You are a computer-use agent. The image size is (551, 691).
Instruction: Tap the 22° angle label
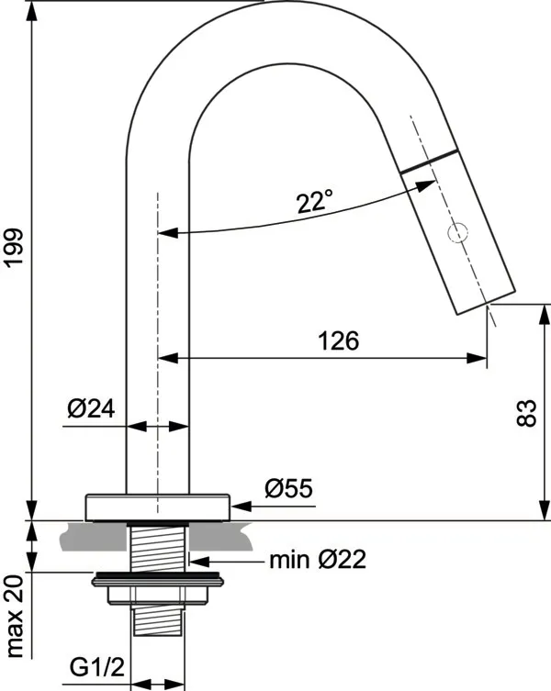(x=315, y=201)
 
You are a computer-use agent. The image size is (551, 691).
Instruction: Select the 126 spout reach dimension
(x=338, y=340)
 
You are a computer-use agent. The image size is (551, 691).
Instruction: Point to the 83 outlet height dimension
(x=526, y=413)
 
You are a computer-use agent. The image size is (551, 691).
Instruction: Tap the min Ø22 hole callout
(x=317, y=559)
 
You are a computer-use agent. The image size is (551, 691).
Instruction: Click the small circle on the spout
(x=456, y=234)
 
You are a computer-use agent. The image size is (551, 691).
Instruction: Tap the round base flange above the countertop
(x=156, y=507)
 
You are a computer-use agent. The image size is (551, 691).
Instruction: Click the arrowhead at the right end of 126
(x=479, y=358)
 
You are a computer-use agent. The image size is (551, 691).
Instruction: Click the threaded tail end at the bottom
(x=157, y=624)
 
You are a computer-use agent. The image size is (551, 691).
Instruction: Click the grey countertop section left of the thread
(x=92, y=539)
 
